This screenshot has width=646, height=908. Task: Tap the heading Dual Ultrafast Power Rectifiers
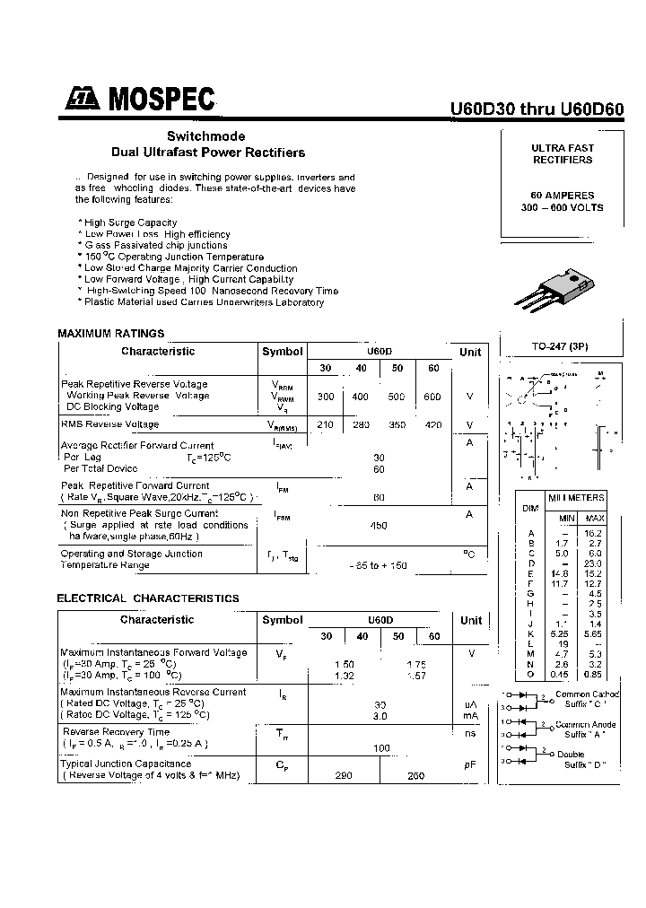point(207,153)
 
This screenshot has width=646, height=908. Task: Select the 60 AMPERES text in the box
point(563,196)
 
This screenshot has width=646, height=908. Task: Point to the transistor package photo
point(552,290)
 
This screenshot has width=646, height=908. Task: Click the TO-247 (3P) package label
point(561,346)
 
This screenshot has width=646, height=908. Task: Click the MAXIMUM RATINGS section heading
point(110,333)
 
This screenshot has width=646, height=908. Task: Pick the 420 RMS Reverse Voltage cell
point(432,424)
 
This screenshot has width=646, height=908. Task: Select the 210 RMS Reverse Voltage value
point(326,424)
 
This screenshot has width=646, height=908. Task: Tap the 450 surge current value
point(379,526)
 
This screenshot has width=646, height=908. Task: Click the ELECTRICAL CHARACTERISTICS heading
point(148,598)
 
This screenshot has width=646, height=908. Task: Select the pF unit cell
point(469,764)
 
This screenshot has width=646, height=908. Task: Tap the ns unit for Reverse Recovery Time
point(469,733)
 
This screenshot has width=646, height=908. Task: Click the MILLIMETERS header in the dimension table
point(577,498)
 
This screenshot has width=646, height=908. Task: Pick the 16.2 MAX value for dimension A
point(594,533)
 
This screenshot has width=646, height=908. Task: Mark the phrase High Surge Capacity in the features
point(131,223)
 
